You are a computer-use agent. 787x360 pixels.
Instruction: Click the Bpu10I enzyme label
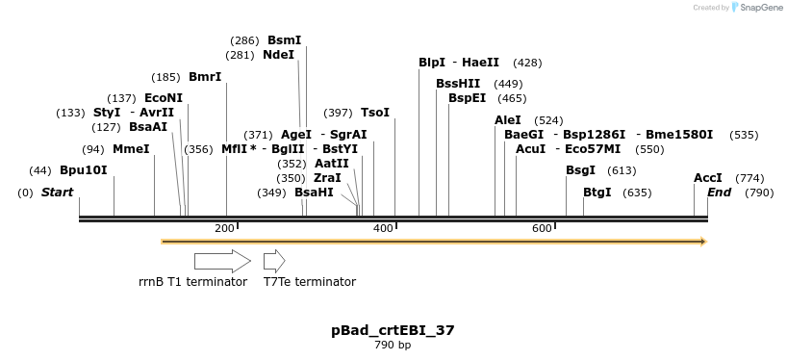point(84,170)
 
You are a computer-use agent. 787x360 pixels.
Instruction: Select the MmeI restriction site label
point(131,149)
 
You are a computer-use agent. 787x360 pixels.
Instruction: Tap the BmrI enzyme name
point(205,77)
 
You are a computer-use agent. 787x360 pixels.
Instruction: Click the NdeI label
point(278,55)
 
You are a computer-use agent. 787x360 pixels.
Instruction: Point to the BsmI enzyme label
point(284,40)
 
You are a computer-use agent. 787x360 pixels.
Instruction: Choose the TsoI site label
point(375,113)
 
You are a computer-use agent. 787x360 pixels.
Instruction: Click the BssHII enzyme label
point(458,84)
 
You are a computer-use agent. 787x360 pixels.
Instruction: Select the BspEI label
point(468,98)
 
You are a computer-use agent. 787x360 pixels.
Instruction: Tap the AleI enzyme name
point(508,120)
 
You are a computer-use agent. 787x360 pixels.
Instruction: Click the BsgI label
point(580,170)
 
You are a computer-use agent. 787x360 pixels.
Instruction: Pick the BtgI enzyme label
point(597,193)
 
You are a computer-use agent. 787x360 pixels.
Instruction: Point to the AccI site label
point(708,178)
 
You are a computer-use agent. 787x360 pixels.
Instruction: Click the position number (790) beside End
point(760,193)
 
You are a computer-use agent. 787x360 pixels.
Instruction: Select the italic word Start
point(57,193)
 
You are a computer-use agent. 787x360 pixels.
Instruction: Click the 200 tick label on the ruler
point(225,228)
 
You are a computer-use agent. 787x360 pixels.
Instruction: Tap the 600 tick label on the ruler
point(542,228)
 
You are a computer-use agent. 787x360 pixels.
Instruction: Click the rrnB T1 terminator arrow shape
point(222,261)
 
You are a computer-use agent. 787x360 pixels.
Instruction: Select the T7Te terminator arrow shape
point(274,261)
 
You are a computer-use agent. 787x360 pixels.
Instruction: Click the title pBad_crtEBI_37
point(393,330)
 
